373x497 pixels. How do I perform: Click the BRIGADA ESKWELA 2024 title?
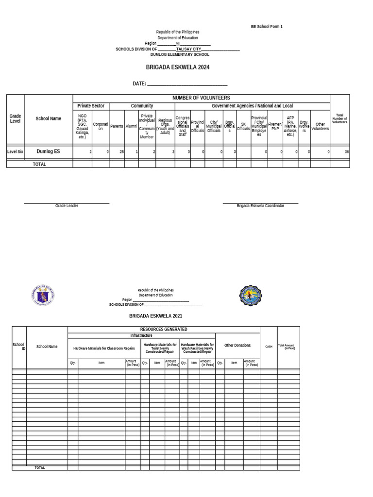tap(178, 67)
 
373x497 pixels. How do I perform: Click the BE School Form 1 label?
tap(267, 27)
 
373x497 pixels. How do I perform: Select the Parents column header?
tap(117, 126)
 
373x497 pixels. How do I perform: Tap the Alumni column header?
tap(131, 126)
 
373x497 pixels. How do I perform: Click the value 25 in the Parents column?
tap(122, 152)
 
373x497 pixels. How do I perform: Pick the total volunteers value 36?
tap(346, 152)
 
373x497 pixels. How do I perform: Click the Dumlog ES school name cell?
tap(49, 151)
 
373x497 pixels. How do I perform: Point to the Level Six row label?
tap(15, 152)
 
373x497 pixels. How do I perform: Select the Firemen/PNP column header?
tap(275, 126)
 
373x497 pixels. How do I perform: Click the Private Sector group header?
tap(91, 106)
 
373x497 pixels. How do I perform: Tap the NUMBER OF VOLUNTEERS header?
tap(201, 98)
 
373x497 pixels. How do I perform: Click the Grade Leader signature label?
tap(67, 206)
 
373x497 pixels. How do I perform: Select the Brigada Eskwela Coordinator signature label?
tap(260, 206)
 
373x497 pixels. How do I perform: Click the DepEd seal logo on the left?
tap(43, 296)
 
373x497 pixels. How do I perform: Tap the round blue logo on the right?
tap(251, 296)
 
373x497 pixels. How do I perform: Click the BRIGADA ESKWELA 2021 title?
tap(155, 316)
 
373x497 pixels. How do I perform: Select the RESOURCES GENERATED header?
tap(164, 330)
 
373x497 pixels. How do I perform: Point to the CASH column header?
tap(269, 347)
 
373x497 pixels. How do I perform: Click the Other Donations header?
tap(237, 346)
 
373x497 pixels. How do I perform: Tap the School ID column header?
tap(19, 347)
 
